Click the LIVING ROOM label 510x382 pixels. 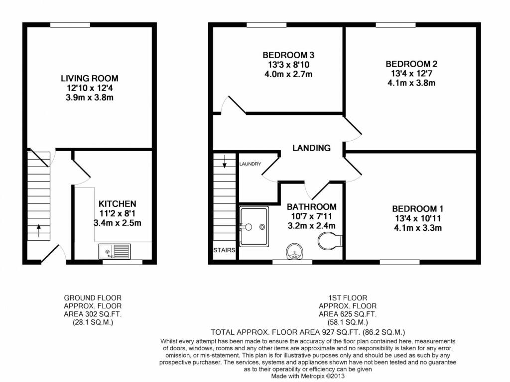[x=90, y=78]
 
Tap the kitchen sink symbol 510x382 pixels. [x=115, y=251]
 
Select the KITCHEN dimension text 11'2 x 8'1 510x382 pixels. [x=118, y=213]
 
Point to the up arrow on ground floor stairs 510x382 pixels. [x=39, y=229]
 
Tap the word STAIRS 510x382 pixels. [x=224, y=250]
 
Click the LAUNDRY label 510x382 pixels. [x=250, y=164]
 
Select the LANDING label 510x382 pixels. [x=311, y=148]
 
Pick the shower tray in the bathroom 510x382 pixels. [x=255, y=227]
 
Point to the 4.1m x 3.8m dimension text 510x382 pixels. [x=411, y=83]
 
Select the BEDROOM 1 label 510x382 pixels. [x=417, y=209]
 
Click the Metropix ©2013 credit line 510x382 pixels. [x=307, y=377]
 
